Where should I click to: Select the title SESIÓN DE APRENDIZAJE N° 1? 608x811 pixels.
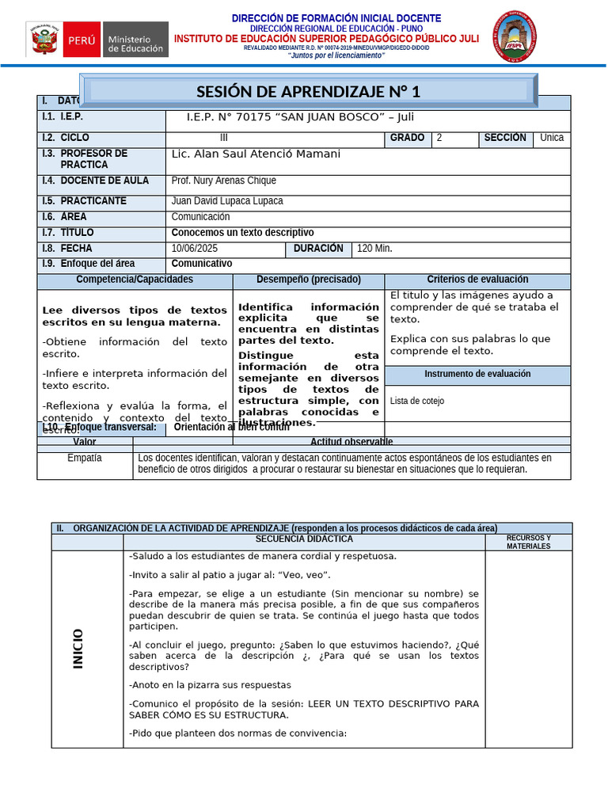tap(309, 91)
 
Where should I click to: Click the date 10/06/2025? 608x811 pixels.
tap(194, 249)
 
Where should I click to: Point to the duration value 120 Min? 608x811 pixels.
tap(374, 249)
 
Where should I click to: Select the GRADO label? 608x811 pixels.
tap(407, 138)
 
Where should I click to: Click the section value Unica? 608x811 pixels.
tap(552, 138)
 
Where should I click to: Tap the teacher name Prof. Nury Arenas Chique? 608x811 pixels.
tap(223, 181)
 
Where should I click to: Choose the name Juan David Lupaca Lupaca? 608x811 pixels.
tap(226, 201)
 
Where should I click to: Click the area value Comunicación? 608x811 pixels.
tap(200, 217)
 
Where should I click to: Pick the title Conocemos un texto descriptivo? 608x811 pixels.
tap(242, 233)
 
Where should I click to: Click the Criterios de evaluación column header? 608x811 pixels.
tap(477, 280)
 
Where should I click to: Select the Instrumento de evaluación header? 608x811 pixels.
tap(477, 374)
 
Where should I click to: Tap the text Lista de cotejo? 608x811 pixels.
tap(417, 401)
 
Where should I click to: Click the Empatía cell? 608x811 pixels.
tap(85, 458)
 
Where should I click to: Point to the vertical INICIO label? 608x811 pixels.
tap(78, 648)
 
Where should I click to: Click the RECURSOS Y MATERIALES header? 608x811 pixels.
tap(528, 543)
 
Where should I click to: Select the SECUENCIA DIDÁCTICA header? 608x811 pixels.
tap(304, 539)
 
